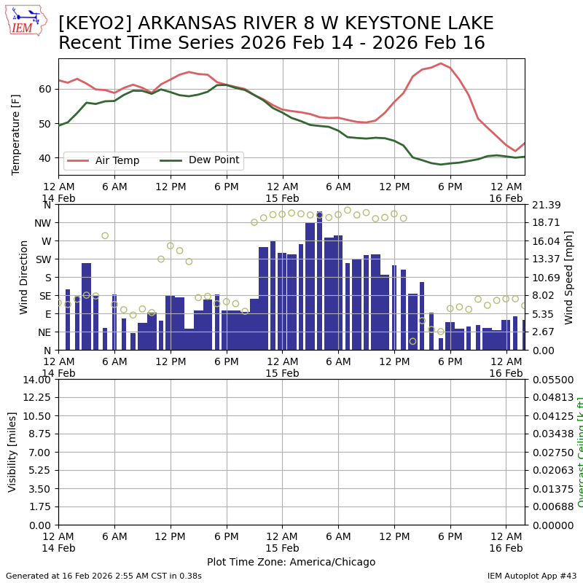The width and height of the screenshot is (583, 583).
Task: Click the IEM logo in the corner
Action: point(25,20)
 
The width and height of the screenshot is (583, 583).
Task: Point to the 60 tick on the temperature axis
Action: point(45,89)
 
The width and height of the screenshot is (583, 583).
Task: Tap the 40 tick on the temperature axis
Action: point(45,158)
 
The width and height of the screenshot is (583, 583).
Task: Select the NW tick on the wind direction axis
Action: point(42,223)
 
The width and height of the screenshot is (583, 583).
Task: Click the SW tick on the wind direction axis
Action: point(42,259)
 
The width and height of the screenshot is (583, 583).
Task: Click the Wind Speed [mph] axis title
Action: point(569,277)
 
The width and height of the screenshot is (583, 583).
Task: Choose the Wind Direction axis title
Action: point(24,277)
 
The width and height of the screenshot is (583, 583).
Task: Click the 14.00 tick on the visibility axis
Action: point(39,380)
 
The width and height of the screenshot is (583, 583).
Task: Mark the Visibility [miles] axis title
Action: point(12,452)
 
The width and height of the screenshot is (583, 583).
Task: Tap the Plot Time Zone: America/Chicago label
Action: point(291,562)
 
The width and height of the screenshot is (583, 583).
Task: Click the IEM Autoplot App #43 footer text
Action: point(532,576)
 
